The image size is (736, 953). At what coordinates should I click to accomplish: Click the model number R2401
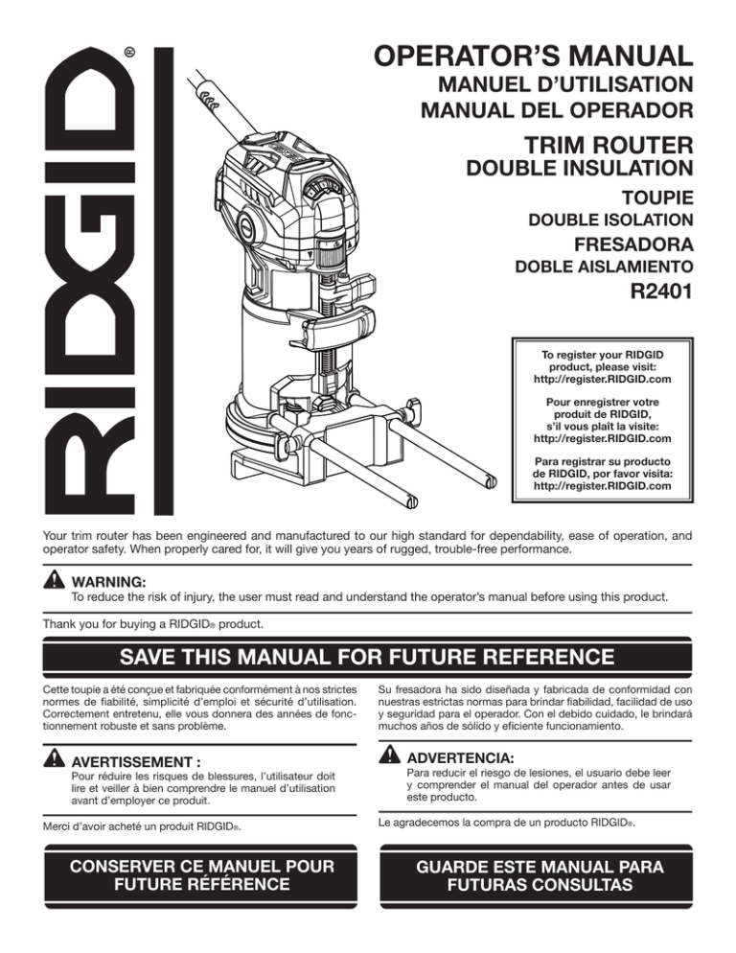point(661,291)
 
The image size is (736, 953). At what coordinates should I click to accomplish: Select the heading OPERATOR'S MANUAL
point(533,56)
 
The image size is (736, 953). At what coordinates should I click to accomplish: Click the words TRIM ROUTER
point(609,146)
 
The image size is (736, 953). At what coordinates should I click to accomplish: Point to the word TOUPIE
point(657,198)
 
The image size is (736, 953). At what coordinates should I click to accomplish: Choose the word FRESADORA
point(633,244)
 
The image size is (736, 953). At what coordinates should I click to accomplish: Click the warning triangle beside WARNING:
point(54,579)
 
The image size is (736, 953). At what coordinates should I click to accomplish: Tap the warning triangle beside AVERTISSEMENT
point(54,758)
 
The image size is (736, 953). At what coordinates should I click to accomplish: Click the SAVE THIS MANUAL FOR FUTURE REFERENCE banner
point(367,657)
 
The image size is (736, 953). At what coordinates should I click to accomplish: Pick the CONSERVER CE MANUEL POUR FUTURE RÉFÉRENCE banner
point(200,875)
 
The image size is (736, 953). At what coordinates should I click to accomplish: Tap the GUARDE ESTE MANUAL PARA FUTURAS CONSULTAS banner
point(536,875)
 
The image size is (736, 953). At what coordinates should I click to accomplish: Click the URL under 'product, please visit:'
point(602,380)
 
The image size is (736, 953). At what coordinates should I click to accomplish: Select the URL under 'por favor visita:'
point(602,486)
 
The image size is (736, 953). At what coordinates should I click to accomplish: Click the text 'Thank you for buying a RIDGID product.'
point(153,624)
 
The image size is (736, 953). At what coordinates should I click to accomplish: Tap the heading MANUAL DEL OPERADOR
point(557,110)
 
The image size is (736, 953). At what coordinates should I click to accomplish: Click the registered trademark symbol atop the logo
point(129,53)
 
